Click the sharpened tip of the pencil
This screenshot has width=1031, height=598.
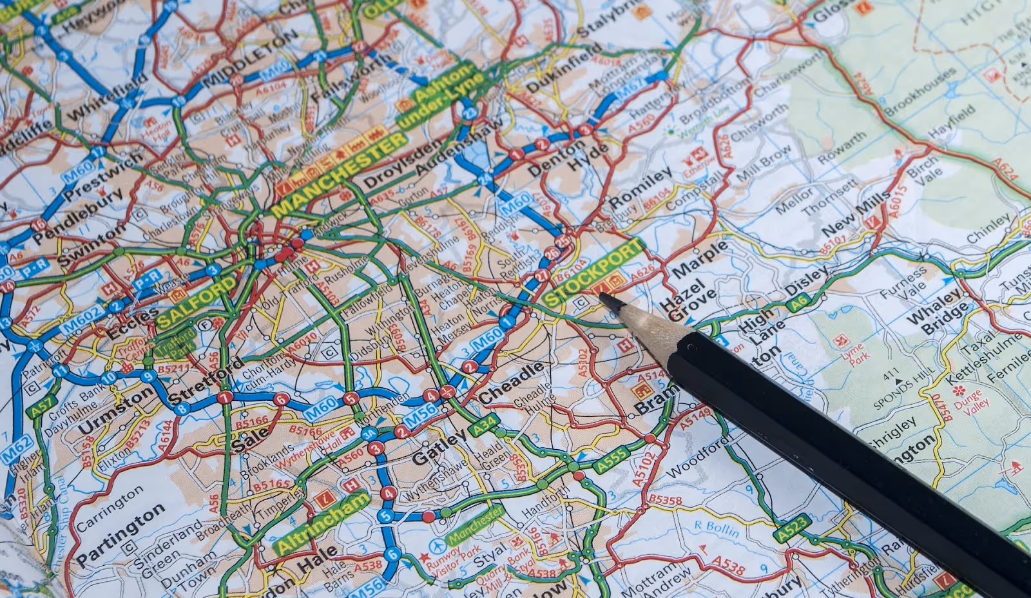(604, 296)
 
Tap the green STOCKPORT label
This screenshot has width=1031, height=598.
(593, 273)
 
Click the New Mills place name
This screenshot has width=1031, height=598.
(854, 217)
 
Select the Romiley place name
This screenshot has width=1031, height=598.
(640, 188)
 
